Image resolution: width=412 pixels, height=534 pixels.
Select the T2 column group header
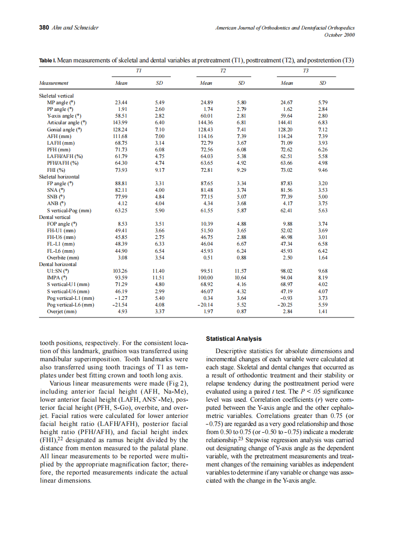click(x=223, y=70)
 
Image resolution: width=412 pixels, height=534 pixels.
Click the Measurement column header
click(x=54, y=83)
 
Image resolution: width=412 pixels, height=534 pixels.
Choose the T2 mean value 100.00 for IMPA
click(x=205, y=277)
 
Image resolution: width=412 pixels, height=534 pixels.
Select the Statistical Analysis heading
click(x=234, y=339)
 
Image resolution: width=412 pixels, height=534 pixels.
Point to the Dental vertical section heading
click(x=55, y=217)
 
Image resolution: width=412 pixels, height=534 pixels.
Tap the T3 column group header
click(x=306, y=70)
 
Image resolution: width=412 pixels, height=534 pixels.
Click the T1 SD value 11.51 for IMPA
click(x=158, y=277)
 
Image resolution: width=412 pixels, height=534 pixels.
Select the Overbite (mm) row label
click(x=63, y=257)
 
